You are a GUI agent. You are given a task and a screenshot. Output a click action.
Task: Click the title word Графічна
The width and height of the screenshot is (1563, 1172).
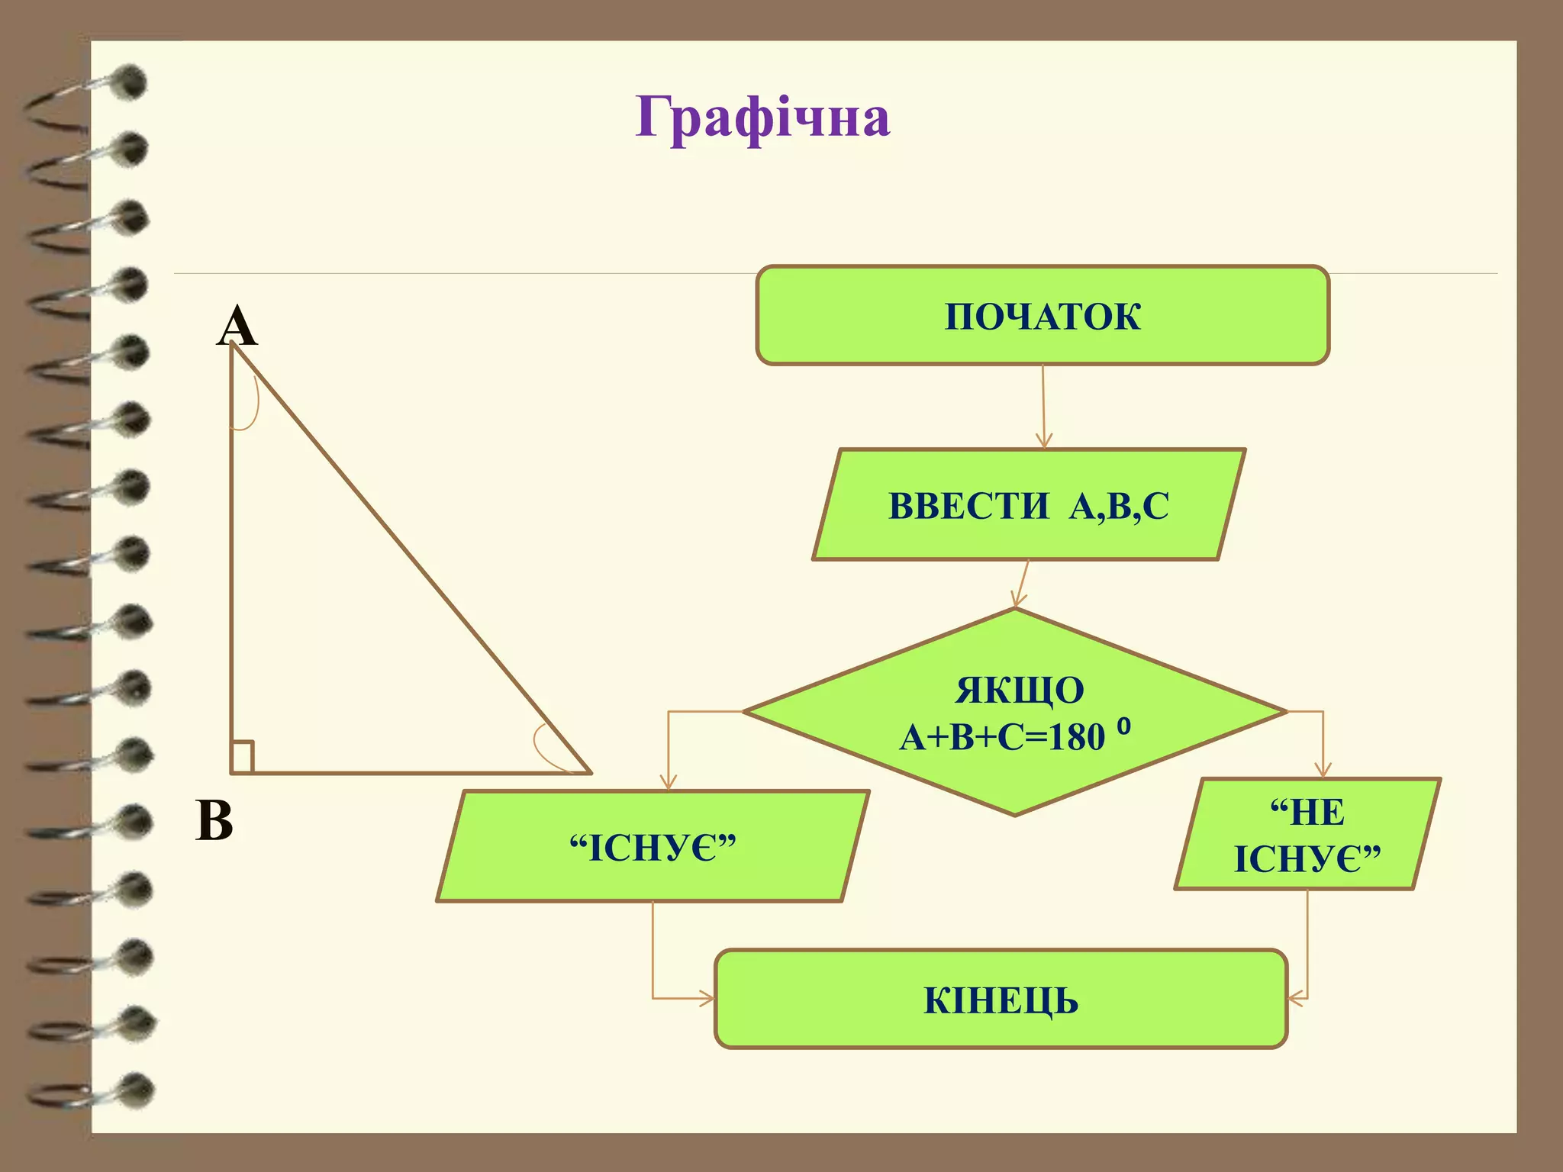pos(762,118)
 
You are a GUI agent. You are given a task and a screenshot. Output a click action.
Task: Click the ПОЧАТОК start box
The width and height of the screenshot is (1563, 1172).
pos(1043,316)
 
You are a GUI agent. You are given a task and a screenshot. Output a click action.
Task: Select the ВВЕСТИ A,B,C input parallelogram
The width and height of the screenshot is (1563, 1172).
pos(1029,505)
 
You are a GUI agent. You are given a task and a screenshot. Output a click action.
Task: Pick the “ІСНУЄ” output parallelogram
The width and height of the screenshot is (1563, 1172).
pos(653,847)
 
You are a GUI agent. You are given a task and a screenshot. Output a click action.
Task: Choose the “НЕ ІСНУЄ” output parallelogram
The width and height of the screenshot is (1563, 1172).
pos(1307,835)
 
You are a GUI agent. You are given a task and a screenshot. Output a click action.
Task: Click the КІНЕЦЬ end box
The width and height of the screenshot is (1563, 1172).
pos(1001,1000)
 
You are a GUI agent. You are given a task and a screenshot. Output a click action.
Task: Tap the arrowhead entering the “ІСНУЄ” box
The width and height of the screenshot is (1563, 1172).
pos(669,783)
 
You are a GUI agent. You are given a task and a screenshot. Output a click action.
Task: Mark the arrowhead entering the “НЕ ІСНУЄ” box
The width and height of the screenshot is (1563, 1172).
pos(1323,771)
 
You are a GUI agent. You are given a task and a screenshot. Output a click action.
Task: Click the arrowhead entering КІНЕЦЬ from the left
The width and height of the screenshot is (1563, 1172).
pos(707,998)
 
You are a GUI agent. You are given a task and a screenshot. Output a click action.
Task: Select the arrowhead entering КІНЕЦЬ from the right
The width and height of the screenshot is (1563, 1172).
pos(1295,998)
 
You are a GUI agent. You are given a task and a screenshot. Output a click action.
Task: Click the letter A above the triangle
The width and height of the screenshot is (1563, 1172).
pos(237,327)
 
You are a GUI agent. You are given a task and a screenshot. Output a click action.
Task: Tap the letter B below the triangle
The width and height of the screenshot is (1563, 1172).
pos(214,821)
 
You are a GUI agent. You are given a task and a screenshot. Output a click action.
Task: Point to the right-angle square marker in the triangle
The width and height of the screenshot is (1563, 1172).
pos(242,756)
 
